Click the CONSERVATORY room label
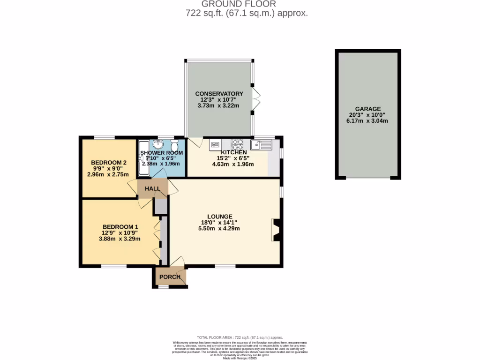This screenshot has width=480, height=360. (x=219, y=94)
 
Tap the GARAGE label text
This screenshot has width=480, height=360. (x=367, y=109)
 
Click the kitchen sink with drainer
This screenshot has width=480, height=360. (x=261, y=144)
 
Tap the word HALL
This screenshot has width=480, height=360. (x=153, y=189)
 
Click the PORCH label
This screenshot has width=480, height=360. (x=170, y=277)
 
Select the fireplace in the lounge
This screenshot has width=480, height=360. (x=277, y=230)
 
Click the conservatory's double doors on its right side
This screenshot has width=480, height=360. (x=256, y=99)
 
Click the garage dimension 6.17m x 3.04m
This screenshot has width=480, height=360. (x=367, y=121)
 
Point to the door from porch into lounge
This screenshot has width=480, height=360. (x=177, y=262)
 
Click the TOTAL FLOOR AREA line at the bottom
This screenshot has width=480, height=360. (x=240, y=337)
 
